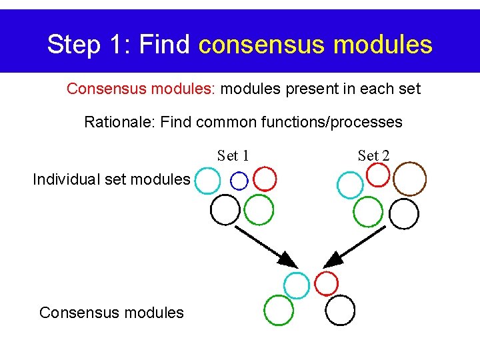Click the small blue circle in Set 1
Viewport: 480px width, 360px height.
(x=239, y=180)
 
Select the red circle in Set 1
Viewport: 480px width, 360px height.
(x=265, y=179)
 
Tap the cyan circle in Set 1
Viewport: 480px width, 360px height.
(x=208, y=180)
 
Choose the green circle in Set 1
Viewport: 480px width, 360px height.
(x=259, y=209)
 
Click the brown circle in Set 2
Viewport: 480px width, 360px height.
(x=409, y=178)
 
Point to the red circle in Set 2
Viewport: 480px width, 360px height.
(x=378, y=175)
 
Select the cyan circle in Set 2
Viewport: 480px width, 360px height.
(x=350, y=185)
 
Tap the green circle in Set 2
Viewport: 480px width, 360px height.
(x=368, y=212)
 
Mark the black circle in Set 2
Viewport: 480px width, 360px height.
(x=404, y=213)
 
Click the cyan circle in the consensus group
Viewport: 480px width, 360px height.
(x=297, y=285)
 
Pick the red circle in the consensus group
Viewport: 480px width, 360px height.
(x=327, y=283)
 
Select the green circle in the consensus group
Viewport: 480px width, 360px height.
(x=279, y=310)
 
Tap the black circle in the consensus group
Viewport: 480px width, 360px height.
(x=340, y=311)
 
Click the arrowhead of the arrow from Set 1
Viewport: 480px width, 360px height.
(x=288, y=259)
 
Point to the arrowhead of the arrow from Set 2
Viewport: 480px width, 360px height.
(x=331, y=259)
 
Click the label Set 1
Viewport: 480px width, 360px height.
(x=233, y=156)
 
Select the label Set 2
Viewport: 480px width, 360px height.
(x=373, y=156)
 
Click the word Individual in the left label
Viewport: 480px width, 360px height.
(x=61, y=179)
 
